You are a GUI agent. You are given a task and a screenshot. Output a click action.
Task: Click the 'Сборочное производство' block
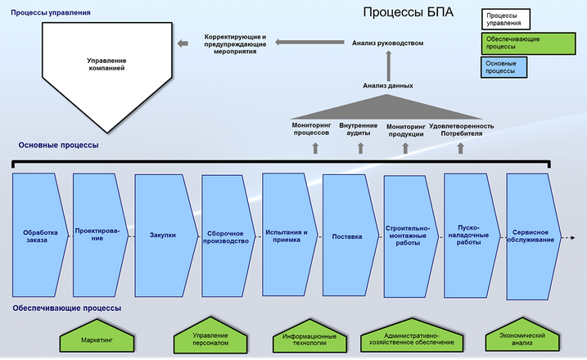pos(224,236)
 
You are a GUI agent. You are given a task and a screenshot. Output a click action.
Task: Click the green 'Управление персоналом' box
pos(211,337)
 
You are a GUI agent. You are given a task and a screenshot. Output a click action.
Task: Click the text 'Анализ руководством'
pos(388,43)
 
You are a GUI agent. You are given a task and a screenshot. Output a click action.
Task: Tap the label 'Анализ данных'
pos(388,85)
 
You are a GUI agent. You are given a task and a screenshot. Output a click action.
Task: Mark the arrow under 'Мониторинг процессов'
pos(314,148)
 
